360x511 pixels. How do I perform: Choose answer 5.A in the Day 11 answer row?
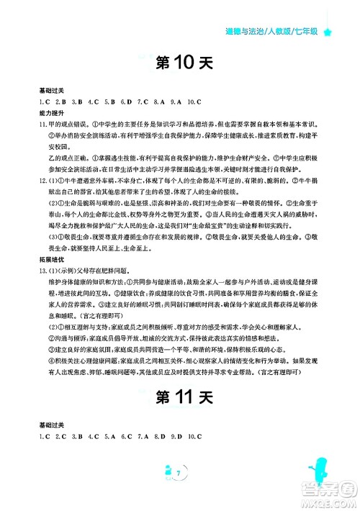109,437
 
